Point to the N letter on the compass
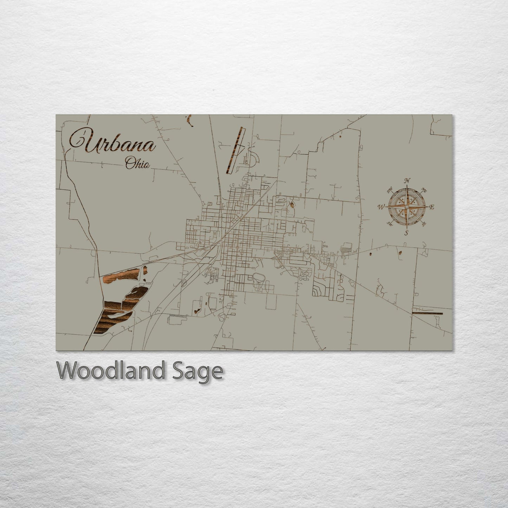pyautogui.click(x=407, y=181)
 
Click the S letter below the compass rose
pyautogui.click(x=406, y=233)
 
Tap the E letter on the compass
pyautogui.click(x=432, y=207)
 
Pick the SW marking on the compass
pyautogui.click(x=389, y=224)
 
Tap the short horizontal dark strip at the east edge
pyautogui.click(x=427, y=313)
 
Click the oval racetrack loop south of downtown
pyautogui.click(x=258, y=278)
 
